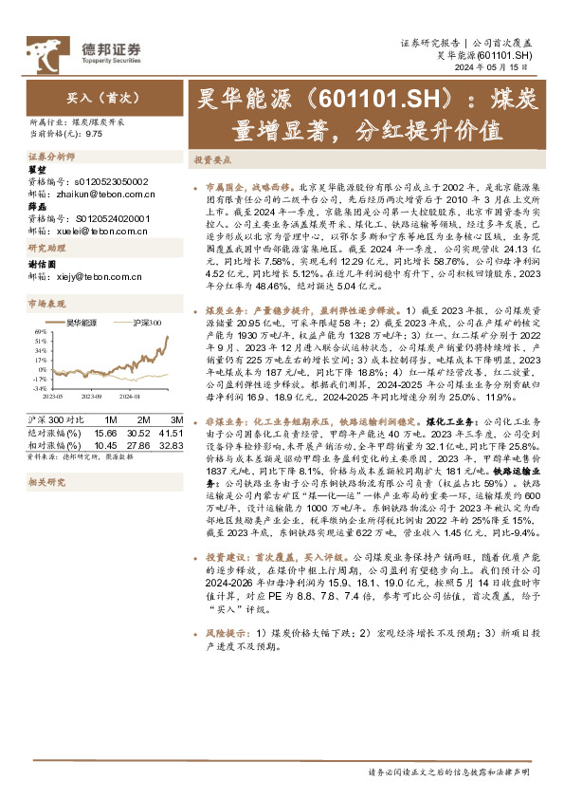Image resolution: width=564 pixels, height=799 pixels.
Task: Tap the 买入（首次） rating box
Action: point(91,97)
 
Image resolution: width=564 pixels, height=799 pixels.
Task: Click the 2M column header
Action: point(140,418)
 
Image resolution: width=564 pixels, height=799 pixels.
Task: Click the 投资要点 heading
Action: point(211,160)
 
